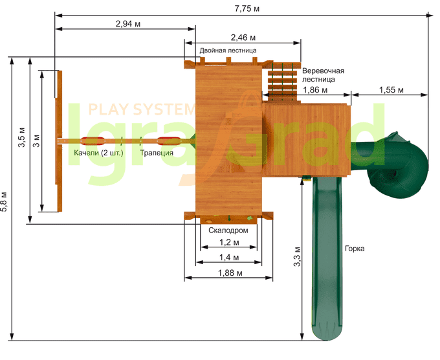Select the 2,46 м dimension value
pyautogui.click(x=243, y=38)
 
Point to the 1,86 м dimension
pyautogui.click(x=315, y=89)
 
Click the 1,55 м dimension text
pyautogui.click(x=391, y=89)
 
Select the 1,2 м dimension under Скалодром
pyautogui.click(x=227, y=242)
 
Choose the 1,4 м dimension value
pyautogui.click(x=227, y=258)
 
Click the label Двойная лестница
pyautogui.click(x=228, y=50)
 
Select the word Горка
pyautogui.click(x=354, y=248)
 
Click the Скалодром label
pyautogui.click(x=228, y=230)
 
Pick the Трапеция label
pyautogui.click(x=157, y=153)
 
